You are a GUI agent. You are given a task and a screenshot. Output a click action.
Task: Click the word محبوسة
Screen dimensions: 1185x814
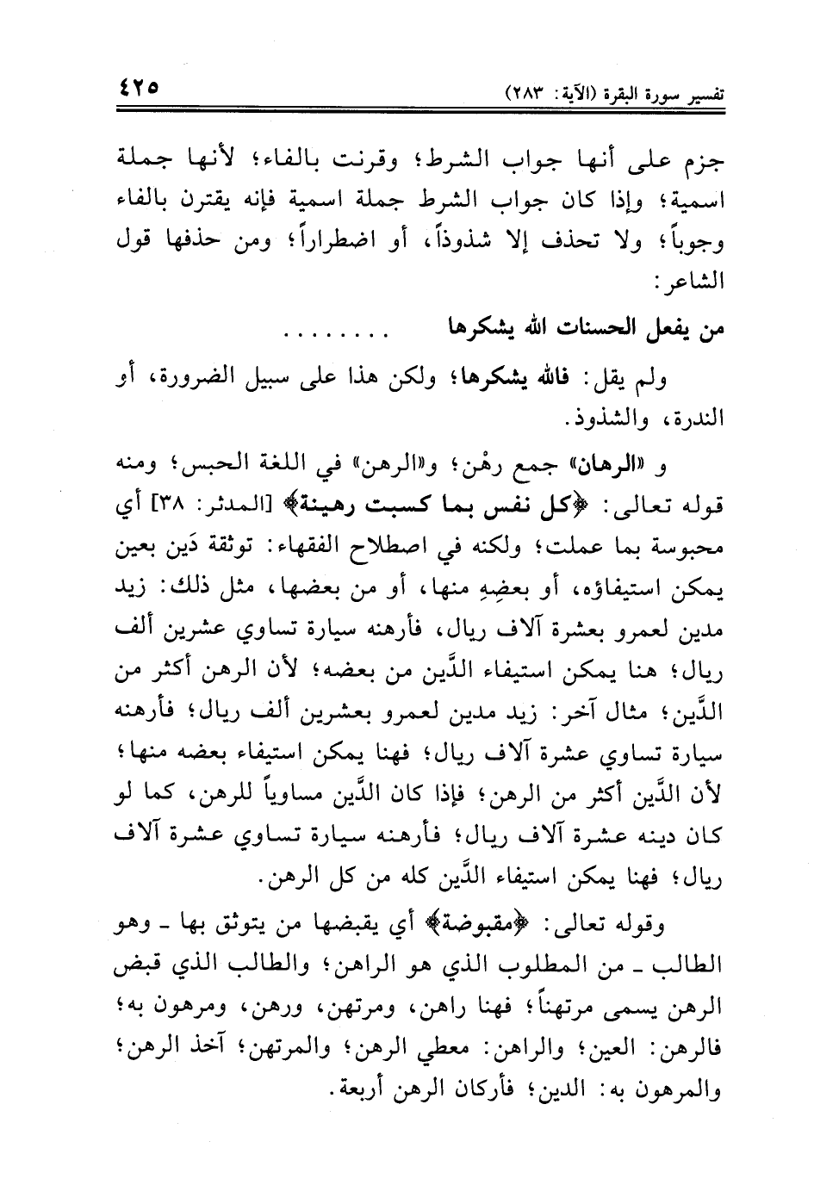point(683,547)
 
